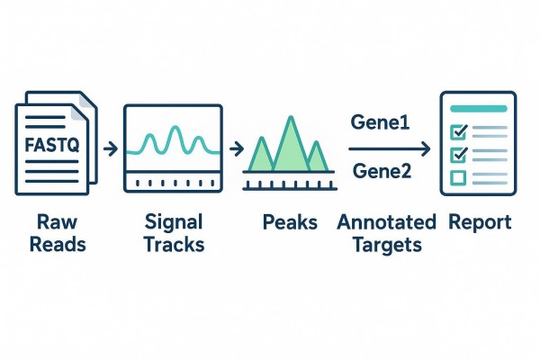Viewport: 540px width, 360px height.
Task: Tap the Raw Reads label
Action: coord(52,231)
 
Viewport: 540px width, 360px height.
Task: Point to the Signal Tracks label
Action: coord(174,232)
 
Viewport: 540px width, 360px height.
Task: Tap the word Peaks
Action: coord(290,221)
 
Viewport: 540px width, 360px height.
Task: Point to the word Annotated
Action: coord(386,221)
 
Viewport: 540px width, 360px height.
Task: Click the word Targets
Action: coord(386,243)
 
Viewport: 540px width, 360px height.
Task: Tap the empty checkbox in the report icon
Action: coord(457,176)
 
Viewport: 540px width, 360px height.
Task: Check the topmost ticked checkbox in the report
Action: coord(457,131)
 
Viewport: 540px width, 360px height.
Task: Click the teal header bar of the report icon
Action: coord(478,109)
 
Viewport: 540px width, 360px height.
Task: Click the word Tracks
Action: coord(174,243)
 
